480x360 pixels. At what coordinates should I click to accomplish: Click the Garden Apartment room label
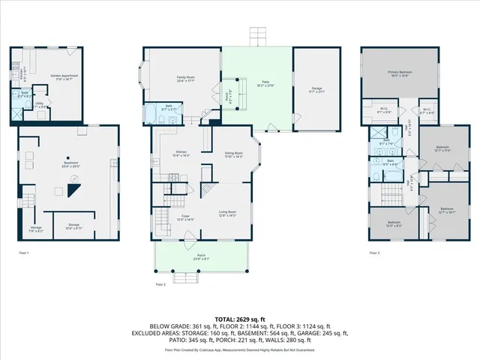[x=64, y=76]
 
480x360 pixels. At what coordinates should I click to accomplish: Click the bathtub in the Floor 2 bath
[x=148, y=117]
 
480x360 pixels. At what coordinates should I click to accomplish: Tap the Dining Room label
[x=235, y=154]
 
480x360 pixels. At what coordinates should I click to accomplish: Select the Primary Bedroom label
[x=399, y=73]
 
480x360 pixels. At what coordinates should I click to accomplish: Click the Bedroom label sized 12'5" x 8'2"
[x=394, y=223]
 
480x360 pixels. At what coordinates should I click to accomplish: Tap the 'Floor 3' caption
[x=373, y=253]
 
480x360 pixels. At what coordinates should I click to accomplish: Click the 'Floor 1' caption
[x=23, y=253]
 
